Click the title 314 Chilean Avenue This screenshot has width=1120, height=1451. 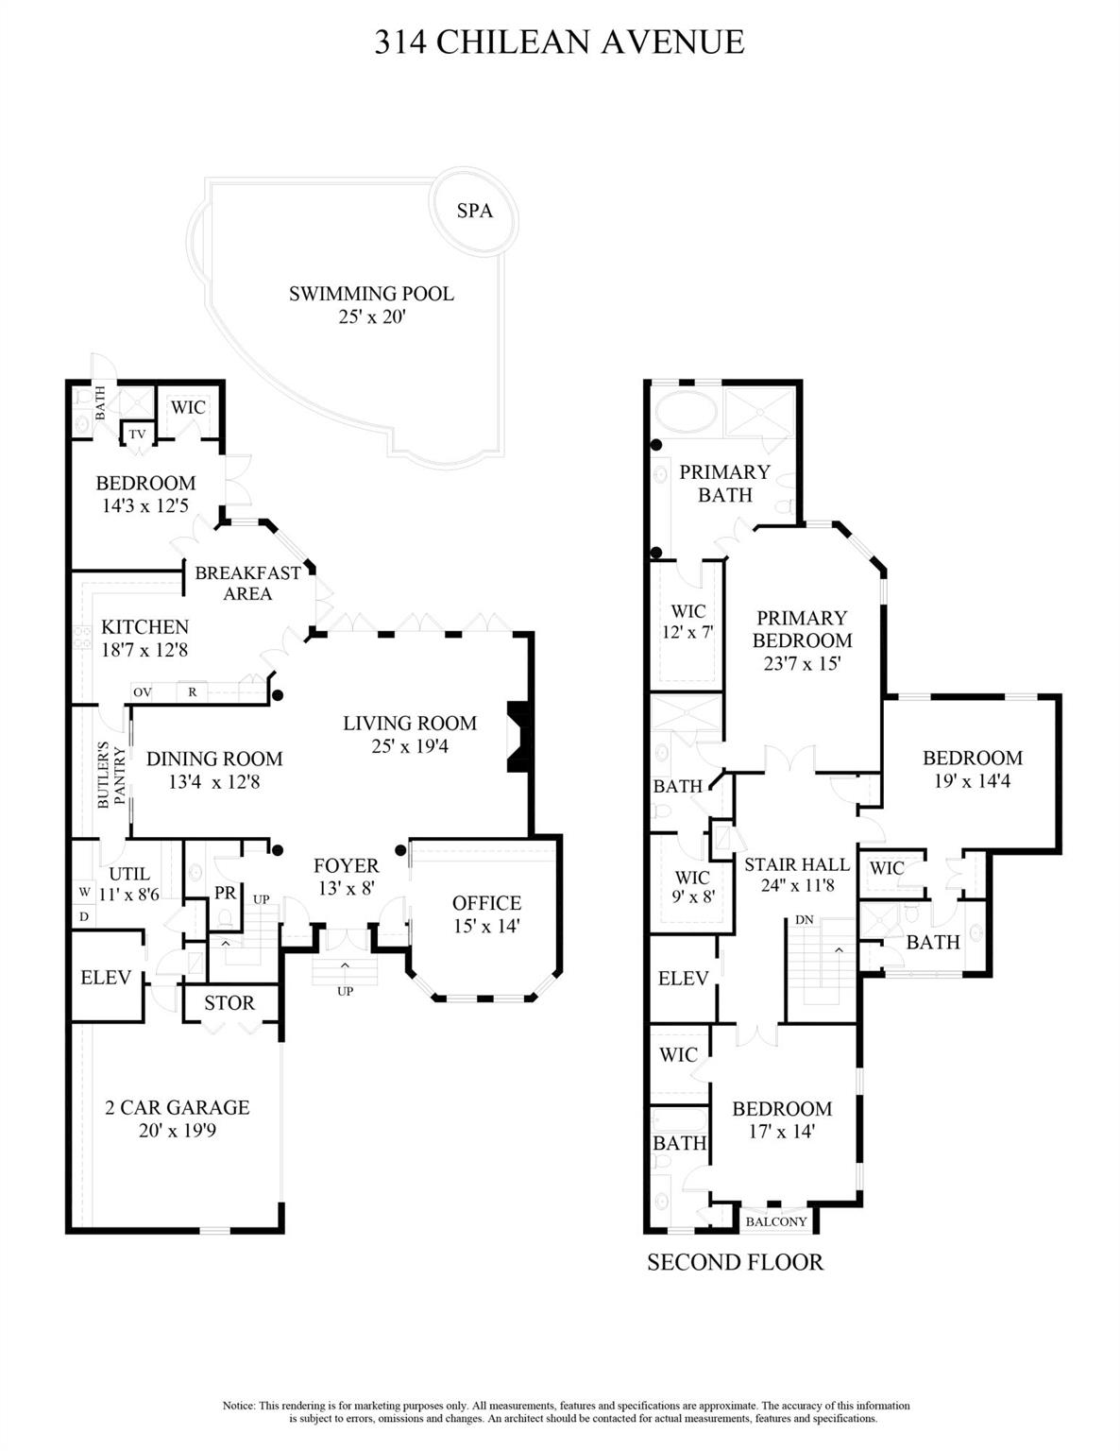coord(559,43)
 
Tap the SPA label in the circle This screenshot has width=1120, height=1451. coord(474,211)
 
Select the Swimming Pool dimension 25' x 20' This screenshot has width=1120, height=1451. coord(371,316)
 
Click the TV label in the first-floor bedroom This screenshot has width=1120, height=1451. coord(138,435)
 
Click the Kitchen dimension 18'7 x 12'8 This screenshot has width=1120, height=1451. coord(144,650)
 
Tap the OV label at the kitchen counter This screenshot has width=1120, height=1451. coord(143,692)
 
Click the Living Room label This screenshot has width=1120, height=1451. coord(409,724)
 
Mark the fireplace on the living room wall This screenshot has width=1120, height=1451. coord(519,737)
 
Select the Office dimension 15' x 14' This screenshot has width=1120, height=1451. coord(486,927)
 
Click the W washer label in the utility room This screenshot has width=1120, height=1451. coord(84,892)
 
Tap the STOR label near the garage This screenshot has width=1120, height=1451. coord(229,1003)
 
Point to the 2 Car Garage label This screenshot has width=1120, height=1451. coord(178,1107)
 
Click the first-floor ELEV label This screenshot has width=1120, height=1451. coord(106,978)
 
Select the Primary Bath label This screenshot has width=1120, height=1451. coord(724,483)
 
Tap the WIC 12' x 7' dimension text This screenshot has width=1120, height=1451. coord(687,632)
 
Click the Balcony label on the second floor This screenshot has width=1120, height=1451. coord(776,1221)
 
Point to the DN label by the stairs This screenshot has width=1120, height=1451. coord(804,919)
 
